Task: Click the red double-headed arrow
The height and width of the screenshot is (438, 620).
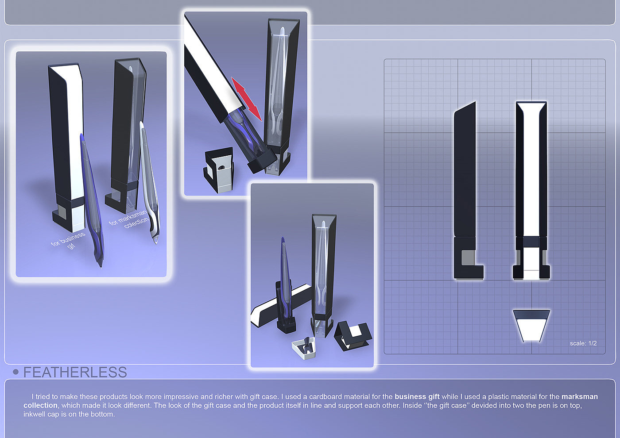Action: [x=246, y=99]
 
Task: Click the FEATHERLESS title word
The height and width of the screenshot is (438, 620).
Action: [x=75, y=372]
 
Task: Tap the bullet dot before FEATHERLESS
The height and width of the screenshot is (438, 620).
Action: [x=16, y=372]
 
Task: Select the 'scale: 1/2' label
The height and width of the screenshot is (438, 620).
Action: [x=583, y=343]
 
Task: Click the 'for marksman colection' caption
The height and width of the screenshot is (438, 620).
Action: [x=129, y=219]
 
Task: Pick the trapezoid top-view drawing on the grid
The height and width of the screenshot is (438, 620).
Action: [x=531, y=326]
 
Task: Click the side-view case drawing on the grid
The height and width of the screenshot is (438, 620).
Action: [x=469, y=191]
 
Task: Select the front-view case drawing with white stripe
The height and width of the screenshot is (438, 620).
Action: [x=531, y=191]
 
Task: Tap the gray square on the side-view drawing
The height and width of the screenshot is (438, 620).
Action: [x=468, y=257]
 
